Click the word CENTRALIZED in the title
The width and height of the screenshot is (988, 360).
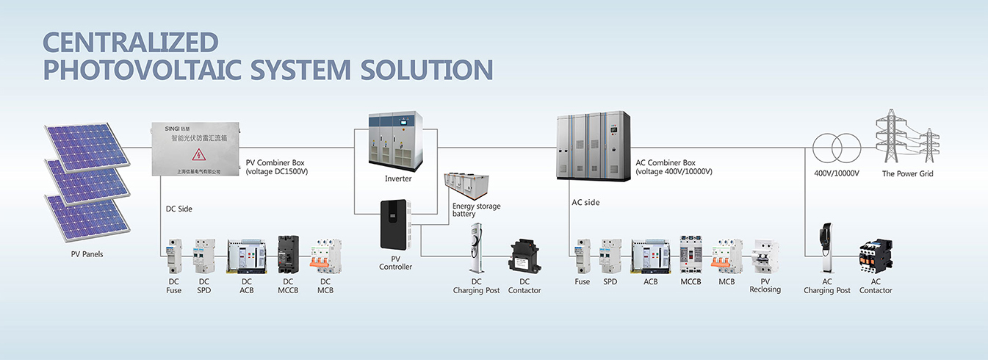click(131, 42)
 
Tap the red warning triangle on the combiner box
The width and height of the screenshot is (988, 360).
click(198, 154)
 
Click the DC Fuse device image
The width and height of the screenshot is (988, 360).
click(174, 255)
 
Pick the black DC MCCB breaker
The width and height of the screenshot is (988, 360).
click(288, 255)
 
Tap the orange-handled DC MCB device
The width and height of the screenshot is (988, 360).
click(325, 256)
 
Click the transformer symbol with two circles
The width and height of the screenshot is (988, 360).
click(836, 148)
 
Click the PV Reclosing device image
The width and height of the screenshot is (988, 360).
click(765, 257)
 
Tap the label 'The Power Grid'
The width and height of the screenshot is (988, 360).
click(907, 174)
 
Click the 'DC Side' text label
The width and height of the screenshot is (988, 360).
click(179, 209)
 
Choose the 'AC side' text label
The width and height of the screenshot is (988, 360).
click(585, 202)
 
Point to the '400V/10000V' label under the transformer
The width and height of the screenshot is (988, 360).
click(837, 174)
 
